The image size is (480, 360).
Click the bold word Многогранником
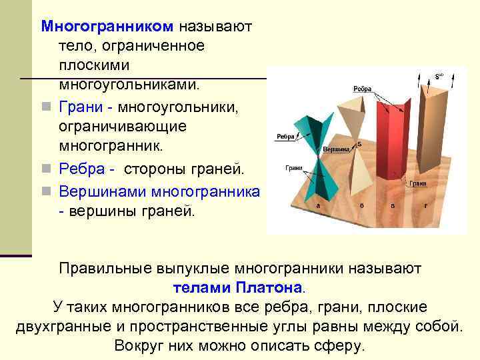pyautogui.click(x=107, y=27)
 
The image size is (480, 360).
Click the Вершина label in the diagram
pyautogui.click(x=336, y=150)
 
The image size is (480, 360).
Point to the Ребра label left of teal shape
pyautogui.click(x=286, y=138)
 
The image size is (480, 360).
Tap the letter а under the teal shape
pyautogui.click(x=318, y=206)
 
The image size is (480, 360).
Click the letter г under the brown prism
pyautogui.click(x=425, y=206)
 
